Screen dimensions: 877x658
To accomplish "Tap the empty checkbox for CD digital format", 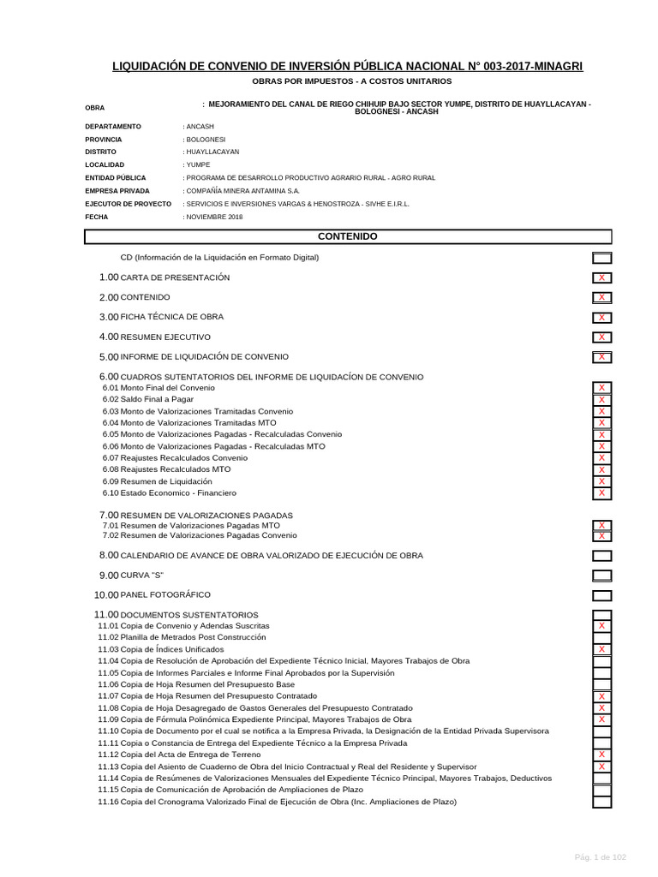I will click(x=601, y=258).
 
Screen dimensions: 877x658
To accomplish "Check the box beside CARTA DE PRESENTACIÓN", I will click(x=601, y=277).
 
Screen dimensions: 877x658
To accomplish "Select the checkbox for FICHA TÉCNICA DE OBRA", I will click(x=601, y=317).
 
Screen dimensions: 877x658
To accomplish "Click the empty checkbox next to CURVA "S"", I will click(x=601, y=576).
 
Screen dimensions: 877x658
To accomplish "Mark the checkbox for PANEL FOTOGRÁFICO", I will click(x=601, y=595).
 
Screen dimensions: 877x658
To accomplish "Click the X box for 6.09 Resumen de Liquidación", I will click(x=601, y=481).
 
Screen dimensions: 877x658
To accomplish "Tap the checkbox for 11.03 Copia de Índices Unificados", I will click(x=601, y=649).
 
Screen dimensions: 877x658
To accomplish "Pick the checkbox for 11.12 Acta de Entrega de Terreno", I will click(x=601, y=755).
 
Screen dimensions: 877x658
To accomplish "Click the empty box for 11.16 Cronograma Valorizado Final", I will click(x=601, y=802).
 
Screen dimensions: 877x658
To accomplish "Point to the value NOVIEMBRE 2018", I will click(x=214, y=217).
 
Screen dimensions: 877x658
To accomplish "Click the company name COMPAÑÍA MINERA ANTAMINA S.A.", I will click(x=242, y=191).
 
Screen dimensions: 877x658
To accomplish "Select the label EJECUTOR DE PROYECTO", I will click(x=128, y=204).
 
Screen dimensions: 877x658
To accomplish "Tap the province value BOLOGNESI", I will click(x=206, y=139).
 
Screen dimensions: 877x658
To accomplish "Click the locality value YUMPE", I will click(x=197, y=164).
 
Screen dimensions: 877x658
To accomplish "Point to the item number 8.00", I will click(x=109, y=555).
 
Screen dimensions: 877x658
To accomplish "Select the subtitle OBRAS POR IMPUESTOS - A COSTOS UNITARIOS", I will click(x=351, y=81).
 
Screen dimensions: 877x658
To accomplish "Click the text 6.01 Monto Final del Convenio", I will click(x=159, y=388).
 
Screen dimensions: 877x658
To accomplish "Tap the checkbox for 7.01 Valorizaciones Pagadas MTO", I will click(x=601, y=525).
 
